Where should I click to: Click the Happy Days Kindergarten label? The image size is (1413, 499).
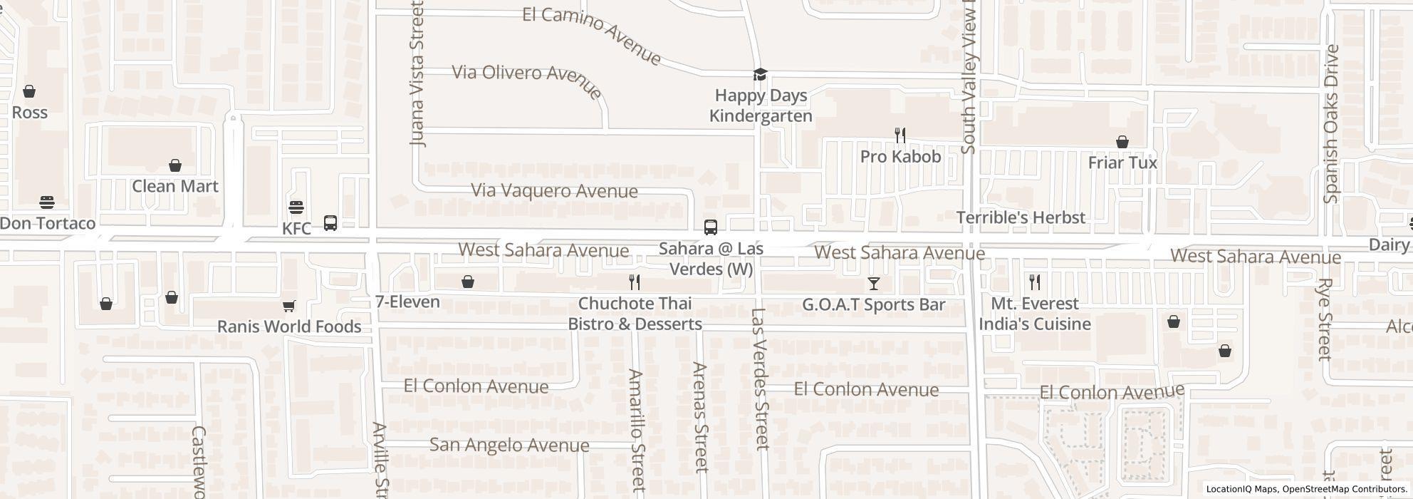point(761,106)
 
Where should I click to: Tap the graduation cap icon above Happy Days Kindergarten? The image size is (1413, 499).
point(761,74)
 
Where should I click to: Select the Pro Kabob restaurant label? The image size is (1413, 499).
point(900,157)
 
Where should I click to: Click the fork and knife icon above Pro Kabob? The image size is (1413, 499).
point(900,135)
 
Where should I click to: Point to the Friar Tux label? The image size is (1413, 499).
point(1122,163)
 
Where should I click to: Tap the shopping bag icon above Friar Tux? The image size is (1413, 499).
point(1122,142)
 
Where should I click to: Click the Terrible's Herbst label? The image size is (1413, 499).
point(1021,217)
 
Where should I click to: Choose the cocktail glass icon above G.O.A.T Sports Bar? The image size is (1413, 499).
point(873,284)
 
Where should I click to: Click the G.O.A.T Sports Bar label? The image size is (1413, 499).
point(873,304)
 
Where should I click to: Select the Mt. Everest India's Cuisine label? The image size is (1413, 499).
point(1035,314)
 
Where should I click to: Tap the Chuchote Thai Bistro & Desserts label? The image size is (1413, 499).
point(635,314)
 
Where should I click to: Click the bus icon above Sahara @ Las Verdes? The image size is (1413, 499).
point(710,227)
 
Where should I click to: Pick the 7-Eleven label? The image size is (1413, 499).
point(407,302)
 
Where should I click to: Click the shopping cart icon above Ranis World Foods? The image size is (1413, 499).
point(288,306)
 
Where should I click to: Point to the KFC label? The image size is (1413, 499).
point(297,229)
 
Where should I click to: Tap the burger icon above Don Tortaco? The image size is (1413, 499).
point(47,202)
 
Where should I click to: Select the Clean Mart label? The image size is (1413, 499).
point(174,186)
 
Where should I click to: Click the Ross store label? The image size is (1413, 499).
point(30,113)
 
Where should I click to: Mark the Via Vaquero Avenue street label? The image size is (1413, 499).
point(554,191)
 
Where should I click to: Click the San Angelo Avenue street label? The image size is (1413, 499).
point(509,446)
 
